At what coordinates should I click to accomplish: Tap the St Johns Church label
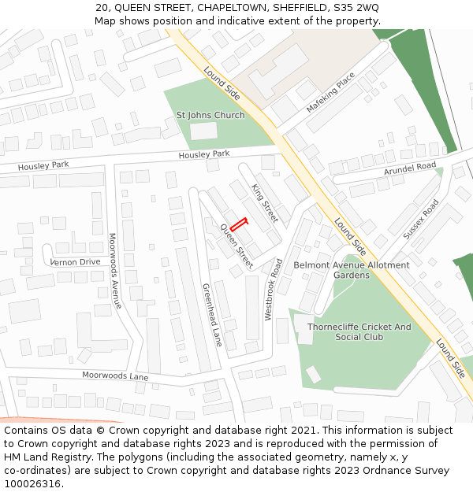click(210, 115)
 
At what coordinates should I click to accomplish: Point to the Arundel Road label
click(410, 168)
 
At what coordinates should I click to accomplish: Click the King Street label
click(265, 202)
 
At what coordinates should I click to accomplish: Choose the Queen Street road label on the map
click(236, 246)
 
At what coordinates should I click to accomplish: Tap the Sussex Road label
click(421, 220)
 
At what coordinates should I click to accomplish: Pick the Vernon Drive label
click(75, 261)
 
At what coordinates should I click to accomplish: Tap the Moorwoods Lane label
click(115, 376)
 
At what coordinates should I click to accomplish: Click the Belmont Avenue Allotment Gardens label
click(352, 270)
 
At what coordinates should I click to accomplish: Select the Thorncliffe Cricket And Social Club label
click(359, 331)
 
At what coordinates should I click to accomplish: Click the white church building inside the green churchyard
click(203, 131)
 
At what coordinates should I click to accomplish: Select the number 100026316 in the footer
click(32, 483)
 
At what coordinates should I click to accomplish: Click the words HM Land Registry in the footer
click(43, 457)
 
